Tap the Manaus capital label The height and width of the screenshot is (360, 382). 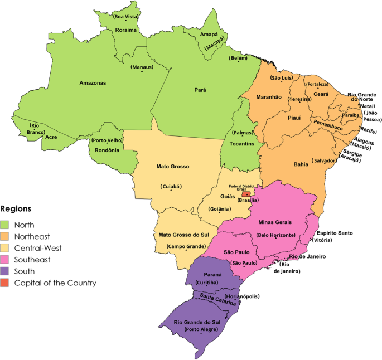(142, 67)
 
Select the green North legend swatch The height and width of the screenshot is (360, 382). (6, 225)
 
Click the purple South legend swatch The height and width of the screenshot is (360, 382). (6, 271)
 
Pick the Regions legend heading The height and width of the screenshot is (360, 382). (16, 209)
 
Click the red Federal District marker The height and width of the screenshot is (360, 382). (245, 193)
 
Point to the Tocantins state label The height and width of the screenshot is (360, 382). (243, 144)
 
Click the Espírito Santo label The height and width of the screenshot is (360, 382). (335, 232)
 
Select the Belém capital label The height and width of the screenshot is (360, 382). (239, 58)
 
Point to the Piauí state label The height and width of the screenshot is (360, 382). (293, 118)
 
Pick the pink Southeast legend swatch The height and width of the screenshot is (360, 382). (6, 260)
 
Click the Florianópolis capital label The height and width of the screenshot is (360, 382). (241, 297)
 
